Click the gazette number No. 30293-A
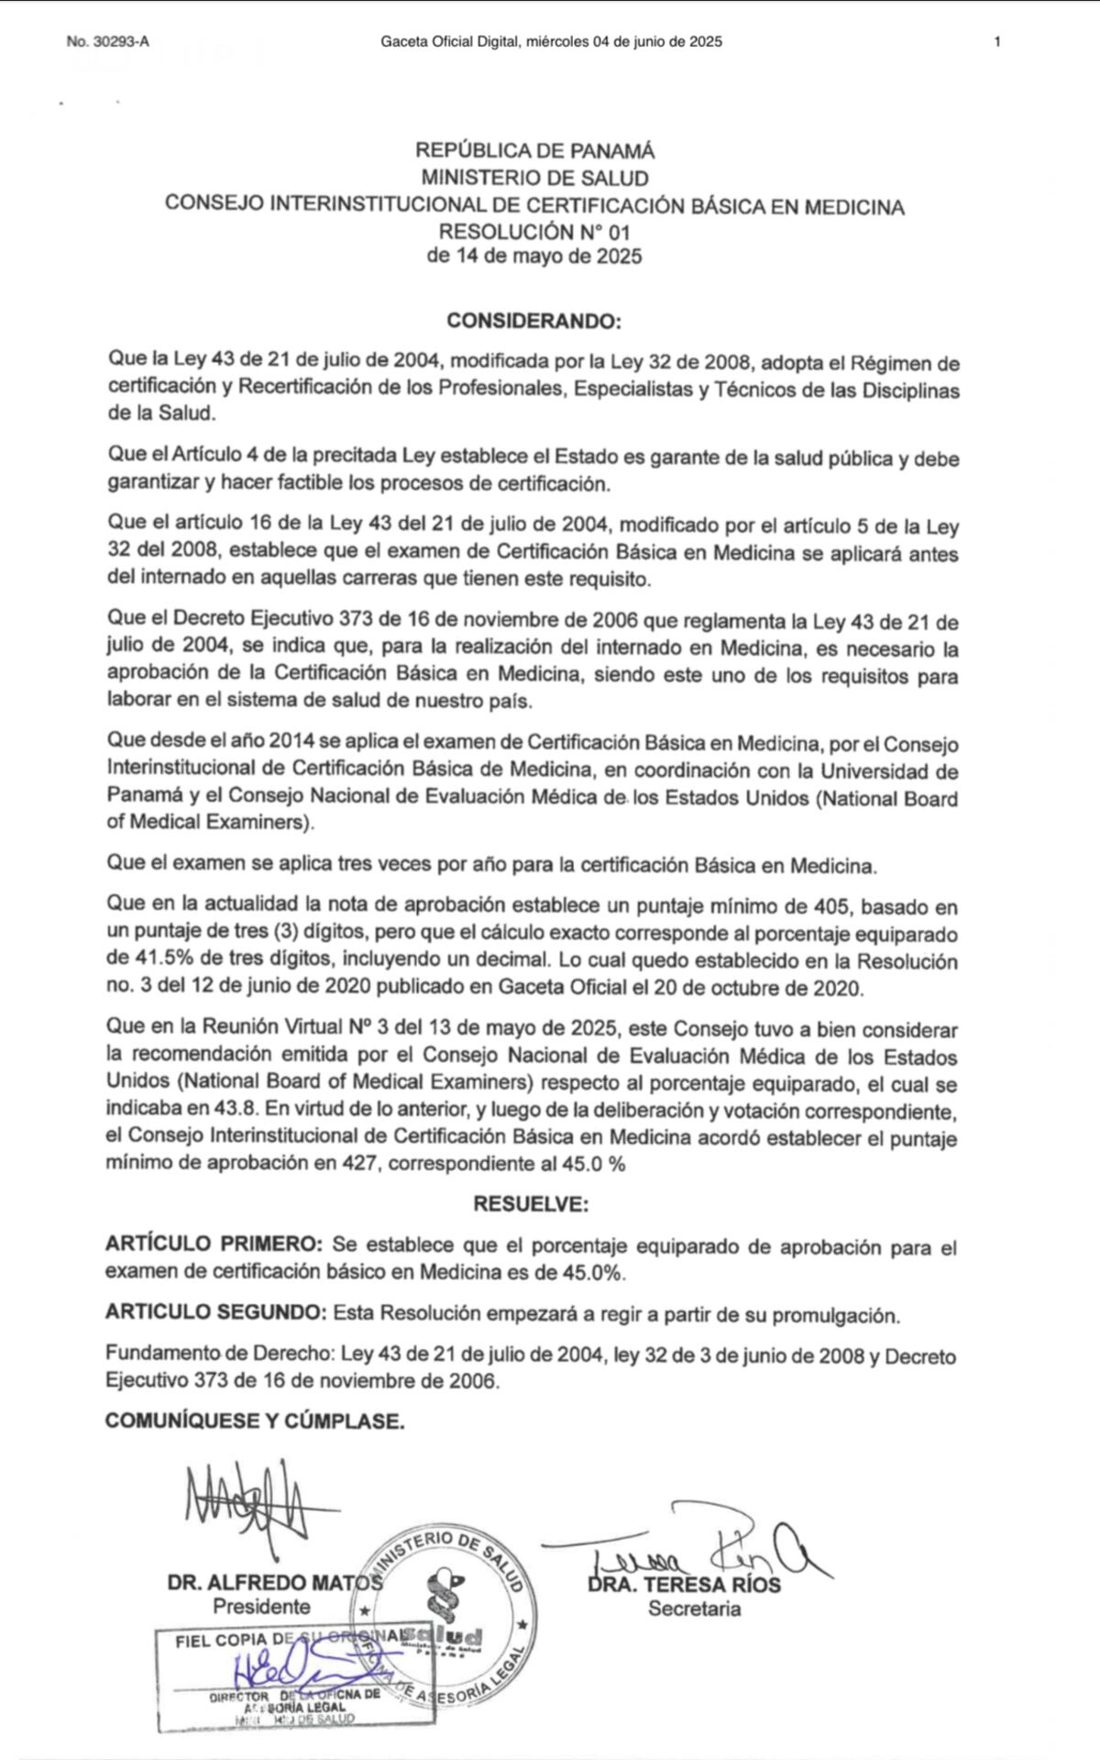coord(107,41)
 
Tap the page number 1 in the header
coord(996,41)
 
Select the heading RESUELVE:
coord(531,1203)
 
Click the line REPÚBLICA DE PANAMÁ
coord(535,151)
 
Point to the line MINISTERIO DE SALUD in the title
coord(535,178)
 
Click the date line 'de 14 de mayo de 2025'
coord(535,256)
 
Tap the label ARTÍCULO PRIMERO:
coord(214,1245)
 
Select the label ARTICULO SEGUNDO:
coord(215,1313)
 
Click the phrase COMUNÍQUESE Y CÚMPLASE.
coord(255,1421)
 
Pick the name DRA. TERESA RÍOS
coord(685,1584)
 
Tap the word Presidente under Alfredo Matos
coord(261,1607)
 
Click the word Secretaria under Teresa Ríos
coord(694,1608)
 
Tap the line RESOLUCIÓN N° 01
coord(535,231)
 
